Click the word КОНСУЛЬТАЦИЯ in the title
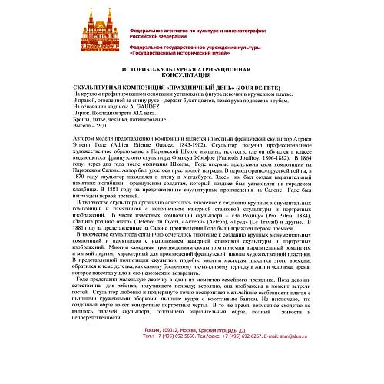pos(190,76)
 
